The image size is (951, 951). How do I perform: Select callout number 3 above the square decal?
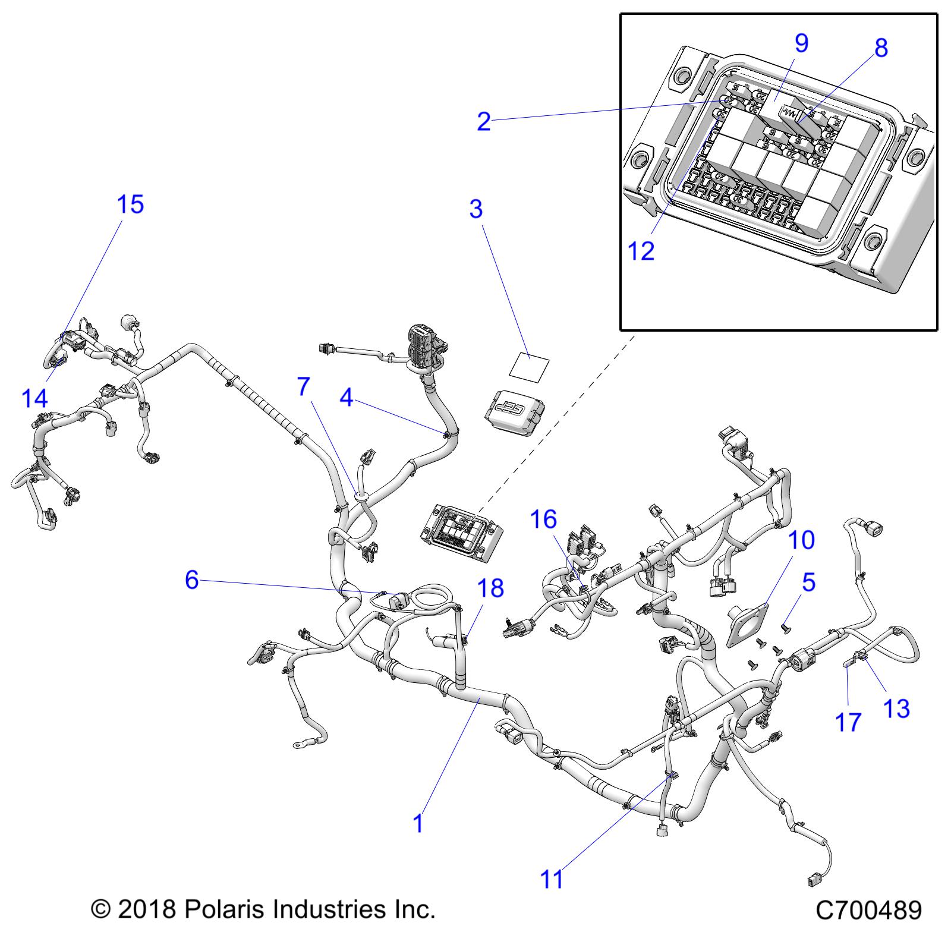tap(476, 209)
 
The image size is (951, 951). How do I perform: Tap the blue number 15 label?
tap(130, 204)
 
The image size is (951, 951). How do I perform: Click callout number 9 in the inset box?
tap(801, 43)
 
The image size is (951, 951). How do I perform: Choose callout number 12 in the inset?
tap(641, 251)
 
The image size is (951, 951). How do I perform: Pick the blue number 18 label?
tap(490, 588)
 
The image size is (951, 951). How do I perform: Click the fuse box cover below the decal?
tap(515, 414)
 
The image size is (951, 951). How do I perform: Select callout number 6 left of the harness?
tap(191, 580)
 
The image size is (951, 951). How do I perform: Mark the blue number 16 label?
tap(543, 519)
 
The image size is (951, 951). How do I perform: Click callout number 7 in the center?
tap(303, 387)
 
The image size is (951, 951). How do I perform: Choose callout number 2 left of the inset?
tap(484, 121)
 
